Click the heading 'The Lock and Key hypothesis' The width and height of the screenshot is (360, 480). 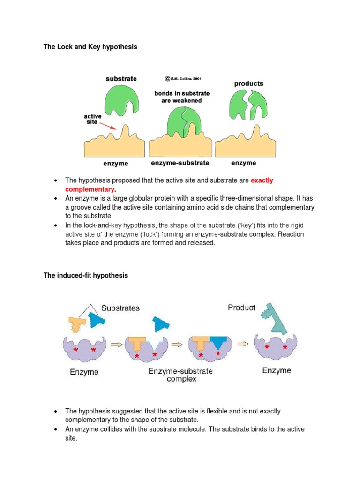point(90,47)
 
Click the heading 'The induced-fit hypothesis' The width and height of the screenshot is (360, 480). point(85,276)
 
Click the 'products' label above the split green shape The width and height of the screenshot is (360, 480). point(248,84)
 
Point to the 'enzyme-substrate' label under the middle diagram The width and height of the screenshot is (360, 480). point(180,163)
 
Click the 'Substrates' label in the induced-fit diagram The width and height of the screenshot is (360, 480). point(120,308)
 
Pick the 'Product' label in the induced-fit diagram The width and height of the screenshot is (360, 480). point(241,307)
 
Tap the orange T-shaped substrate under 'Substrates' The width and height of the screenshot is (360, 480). point(77,324)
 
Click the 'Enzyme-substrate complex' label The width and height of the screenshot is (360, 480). point(180,375)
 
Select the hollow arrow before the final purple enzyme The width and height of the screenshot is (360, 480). point(243,345)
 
